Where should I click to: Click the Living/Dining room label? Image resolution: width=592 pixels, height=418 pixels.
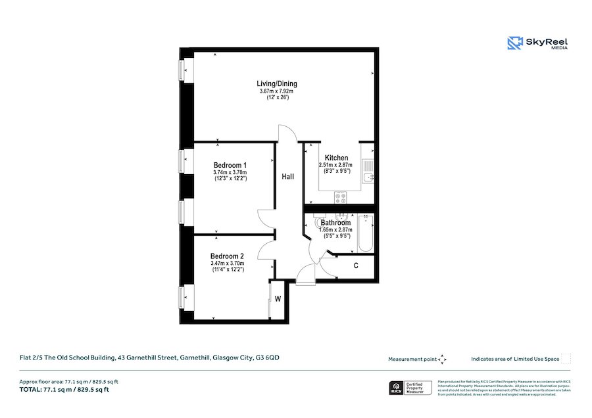tap(276, 83)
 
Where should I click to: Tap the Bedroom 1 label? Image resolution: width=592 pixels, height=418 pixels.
tap(230, 165)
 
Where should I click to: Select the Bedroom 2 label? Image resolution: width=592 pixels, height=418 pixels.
tap(227, 256)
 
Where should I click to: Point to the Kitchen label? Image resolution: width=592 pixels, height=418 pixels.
tap(336, 158)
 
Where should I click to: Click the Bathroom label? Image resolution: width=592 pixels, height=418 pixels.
tap(335, 223)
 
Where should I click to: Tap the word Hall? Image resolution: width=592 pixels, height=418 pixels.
tap(288, 177)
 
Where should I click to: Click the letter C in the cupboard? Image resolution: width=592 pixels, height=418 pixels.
tap(356, 266)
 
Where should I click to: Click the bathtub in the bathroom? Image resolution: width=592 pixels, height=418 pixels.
tap(365, 234)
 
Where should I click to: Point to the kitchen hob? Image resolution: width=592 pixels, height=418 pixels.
tap(341, 196)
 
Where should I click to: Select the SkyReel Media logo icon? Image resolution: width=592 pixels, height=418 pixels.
tap(514, 43)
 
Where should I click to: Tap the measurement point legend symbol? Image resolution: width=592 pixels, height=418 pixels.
tap(442, 359)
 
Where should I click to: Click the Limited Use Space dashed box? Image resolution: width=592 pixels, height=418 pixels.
tap(566, 359)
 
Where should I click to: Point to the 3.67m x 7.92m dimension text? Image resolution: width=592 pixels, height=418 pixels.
tap(276, 91)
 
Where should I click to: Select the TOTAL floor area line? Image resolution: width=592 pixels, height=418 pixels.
tap(64, 390)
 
